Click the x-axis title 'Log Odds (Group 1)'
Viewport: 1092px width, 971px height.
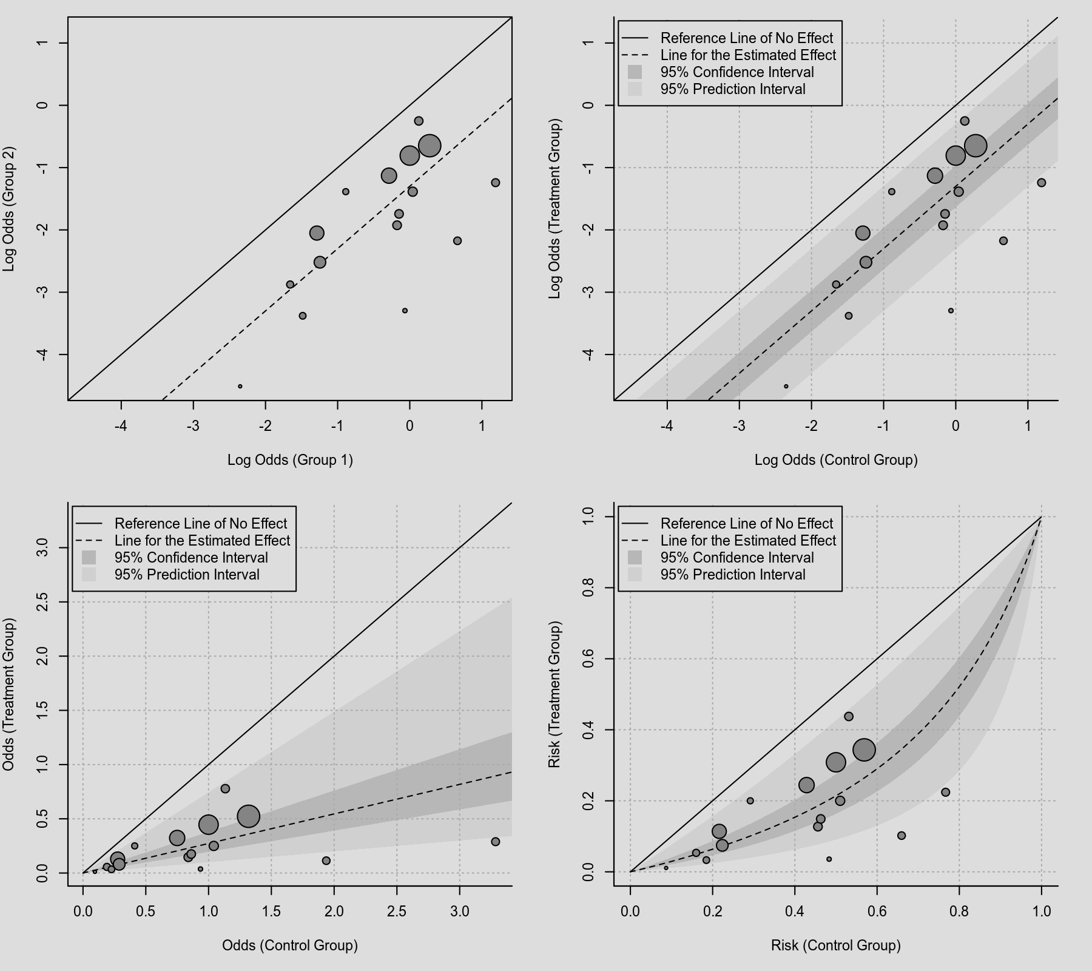click(x=290, y=460)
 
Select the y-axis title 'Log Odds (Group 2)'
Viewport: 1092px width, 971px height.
click(x=8, y=209)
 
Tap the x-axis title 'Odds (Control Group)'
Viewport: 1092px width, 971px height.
click(x=290, y=946)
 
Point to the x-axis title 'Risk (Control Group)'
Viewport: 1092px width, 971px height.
click(x=836, y=946)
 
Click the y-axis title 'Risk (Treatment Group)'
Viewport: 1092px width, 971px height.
click(x=554, y=694)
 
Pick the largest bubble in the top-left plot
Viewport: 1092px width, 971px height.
click(x=430, y=146)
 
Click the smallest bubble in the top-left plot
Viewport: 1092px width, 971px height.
click(x=240, y=387)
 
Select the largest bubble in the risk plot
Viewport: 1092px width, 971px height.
click(x=864, y=750)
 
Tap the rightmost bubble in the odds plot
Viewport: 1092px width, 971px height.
click(x=496, y=842)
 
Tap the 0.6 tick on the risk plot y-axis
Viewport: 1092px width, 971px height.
click(x=588, y=658)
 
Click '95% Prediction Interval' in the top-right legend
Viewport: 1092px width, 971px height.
click(x=733, y=89)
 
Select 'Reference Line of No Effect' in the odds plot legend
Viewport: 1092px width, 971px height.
click(x=201, y=524)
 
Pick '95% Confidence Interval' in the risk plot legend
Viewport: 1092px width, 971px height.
click(x=737, y=558)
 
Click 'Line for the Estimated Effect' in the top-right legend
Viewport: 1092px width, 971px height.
click(x=748, y=55)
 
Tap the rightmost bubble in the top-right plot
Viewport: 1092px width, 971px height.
click(x=1042, y=183)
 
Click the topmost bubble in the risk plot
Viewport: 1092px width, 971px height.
click(x=849, y=717)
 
